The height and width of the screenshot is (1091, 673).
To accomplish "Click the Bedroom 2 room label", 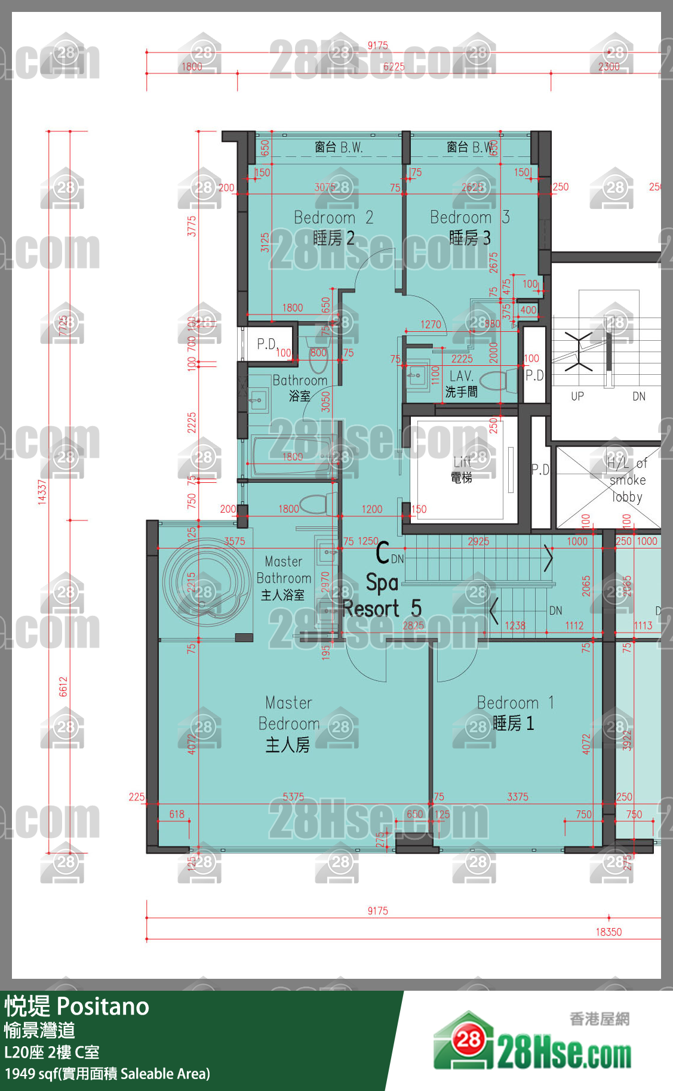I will (x=333, y=227).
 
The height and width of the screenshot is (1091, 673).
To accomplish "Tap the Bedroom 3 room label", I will (x=469, y=227).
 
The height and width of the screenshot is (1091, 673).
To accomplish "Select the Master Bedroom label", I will (x=288, y=723).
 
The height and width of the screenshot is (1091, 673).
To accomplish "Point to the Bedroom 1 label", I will (x=515, y=713).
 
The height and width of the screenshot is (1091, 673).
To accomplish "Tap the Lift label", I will (x=462, y=469).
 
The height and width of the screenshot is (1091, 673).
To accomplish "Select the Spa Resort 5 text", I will (x=382, y=596).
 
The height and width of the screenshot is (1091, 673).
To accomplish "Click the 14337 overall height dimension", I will (x=42, y=492).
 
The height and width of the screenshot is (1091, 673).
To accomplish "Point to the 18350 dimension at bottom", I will (x=608, y=932).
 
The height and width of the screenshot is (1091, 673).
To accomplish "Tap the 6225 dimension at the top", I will (x=394, y=67).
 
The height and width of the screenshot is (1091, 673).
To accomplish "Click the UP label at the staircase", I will (x=577, y=396).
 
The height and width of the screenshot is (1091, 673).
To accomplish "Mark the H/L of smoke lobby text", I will (x=626, y=480).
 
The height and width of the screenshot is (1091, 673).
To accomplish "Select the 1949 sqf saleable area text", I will (x=107, y=1074).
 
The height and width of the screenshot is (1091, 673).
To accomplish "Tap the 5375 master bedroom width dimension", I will (x=293, y=797).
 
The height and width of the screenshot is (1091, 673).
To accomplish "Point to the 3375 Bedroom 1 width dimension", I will (x=517, y=797).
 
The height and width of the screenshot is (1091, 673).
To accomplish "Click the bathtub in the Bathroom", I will (x=291, y=457).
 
